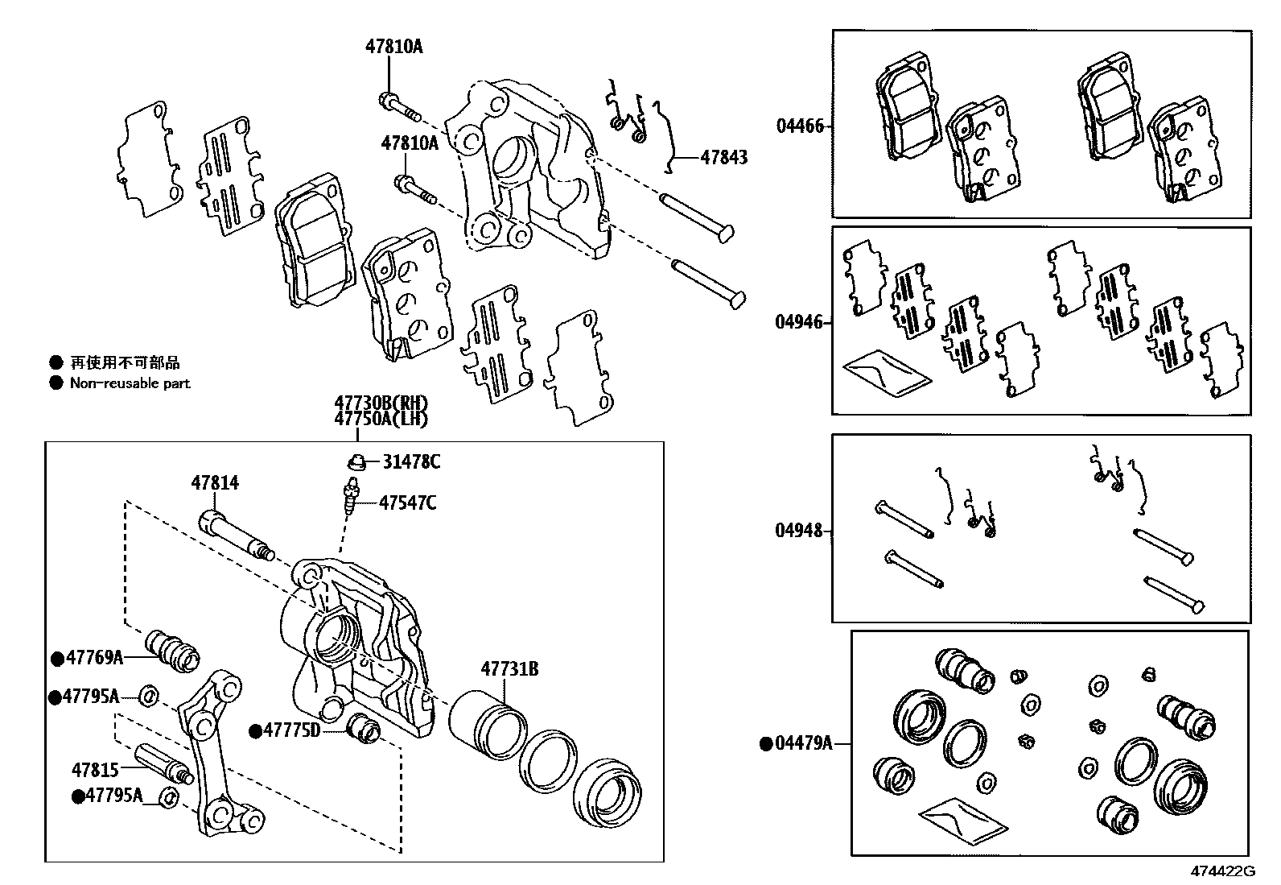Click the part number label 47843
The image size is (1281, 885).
click(723, 158)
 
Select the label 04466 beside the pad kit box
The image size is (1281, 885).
click(799, 126)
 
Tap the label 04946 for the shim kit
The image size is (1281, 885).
click(799, 323)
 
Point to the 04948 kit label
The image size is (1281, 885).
click(799, 531)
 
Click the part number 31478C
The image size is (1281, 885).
click(411, 462)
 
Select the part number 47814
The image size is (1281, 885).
click(215, 483)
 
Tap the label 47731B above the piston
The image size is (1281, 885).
click(509, 669)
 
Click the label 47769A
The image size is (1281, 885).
click(94, 658)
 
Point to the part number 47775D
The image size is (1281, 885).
click(292, 730)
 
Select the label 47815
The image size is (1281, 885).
click(96, 770)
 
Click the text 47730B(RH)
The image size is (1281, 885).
click(381, 403)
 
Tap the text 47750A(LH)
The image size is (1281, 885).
click(381, 419)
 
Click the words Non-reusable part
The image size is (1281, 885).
click(130, 383)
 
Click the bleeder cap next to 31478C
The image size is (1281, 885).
click(355, 462)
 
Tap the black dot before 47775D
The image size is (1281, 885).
click(255, 731)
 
